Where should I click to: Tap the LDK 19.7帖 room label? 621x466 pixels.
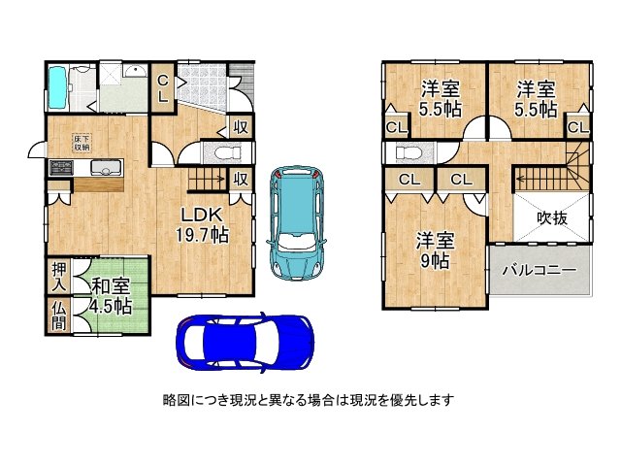(x=201, y=223)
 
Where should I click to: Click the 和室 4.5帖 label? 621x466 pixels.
(x=112, y=295)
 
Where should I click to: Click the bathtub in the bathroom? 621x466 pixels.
(x=59, y=86)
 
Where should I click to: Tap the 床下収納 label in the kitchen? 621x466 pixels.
(x=82, y=143)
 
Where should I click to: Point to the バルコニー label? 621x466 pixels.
(x=539, y=270)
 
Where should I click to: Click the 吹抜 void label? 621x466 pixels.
(x=551, y=218)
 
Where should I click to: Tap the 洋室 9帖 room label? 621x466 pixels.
(x=437, y=249)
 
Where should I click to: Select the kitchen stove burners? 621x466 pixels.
(x=61, y=168)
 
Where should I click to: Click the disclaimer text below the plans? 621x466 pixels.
(x=309, y=399)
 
